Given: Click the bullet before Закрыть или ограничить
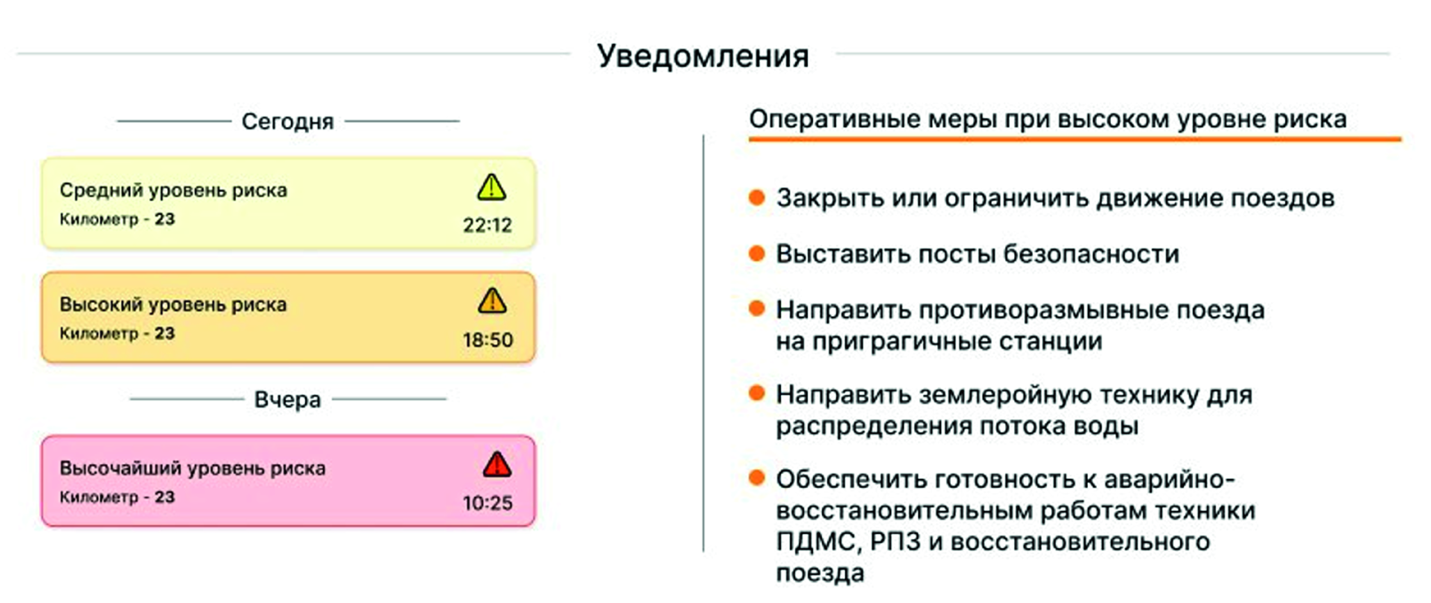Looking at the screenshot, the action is pyautogui.click(x=757, y=197).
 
